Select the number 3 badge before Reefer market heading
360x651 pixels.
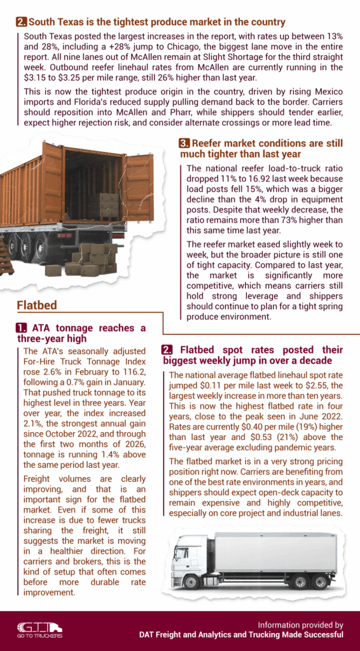[x=184, y=143]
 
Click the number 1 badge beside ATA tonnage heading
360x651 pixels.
[x=22, y=328]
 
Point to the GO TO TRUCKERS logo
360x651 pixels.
[x=39, y=629]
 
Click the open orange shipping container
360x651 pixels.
[x=76, y=191]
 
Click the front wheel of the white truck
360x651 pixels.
[x=191, y=581]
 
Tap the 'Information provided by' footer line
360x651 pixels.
[x=301, y=624]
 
